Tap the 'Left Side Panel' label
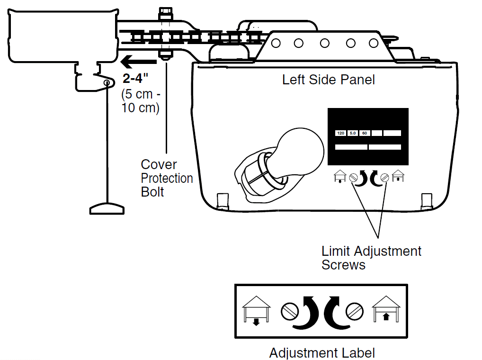pyautogui.click(x=328, y=80)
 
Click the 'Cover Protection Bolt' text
pyautogui.click(x=167, y=178)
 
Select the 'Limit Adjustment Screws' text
pyautogui.click(x=371, y=258)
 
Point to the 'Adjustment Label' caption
pyautogui.click(x=322, y=353)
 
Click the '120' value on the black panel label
pyautogui.click(x=340, y=133)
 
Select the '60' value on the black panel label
pyautogui.click(x=365, y=133)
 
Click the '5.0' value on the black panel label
pyautogui.click(x=353, y=133)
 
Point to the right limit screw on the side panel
pyautogui.click(x=385, y=178)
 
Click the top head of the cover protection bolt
pyautogui.click(x=165, y=11)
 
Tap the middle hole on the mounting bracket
pyautogui.click(x=325, y=44)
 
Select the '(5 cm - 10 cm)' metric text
pyautogui.click(x=141, y=100)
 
